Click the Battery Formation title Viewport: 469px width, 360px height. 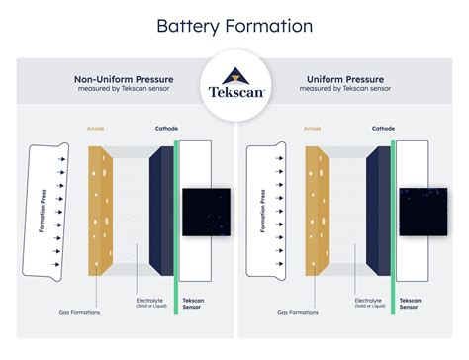tap(234, 26)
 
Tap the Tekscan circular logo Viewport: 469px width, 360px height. tap(234, 94)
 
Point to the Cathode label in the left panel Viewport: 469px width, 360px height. tap(166, 129)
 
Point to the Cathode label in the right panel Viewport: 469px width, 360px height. tap(383, 129)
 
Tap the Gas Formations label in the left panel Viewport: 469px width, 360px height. tap(77, 312)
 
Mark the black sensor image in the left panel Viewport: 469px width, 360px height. tap(206, 212)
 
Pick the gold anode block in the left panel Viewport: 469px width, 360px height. tap(101, 212)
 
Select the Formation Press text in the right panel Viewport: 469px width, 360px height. tap(263, 211)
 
